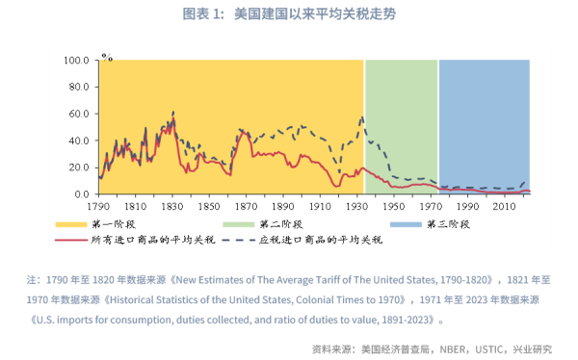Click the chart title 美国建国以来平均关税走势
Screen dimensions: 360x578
coord(289,14)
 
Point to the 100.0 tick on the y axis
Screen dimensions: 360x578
coord(76,60)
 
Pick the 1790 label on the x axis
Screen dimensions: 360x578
coord(99,207)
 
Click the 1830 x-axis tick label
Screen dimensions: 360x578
coord(172,207)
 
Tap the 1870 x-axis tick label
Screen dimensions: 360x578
coord(247,207)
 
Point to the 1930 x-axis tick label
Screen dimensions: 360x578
coord(356,207)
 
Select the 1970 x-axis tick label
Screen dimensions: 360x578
coord(430,207)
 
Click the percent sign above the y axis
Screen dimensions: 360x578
coord(107,56)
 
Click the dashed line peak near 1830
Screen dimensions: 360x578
coord(173,112)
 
